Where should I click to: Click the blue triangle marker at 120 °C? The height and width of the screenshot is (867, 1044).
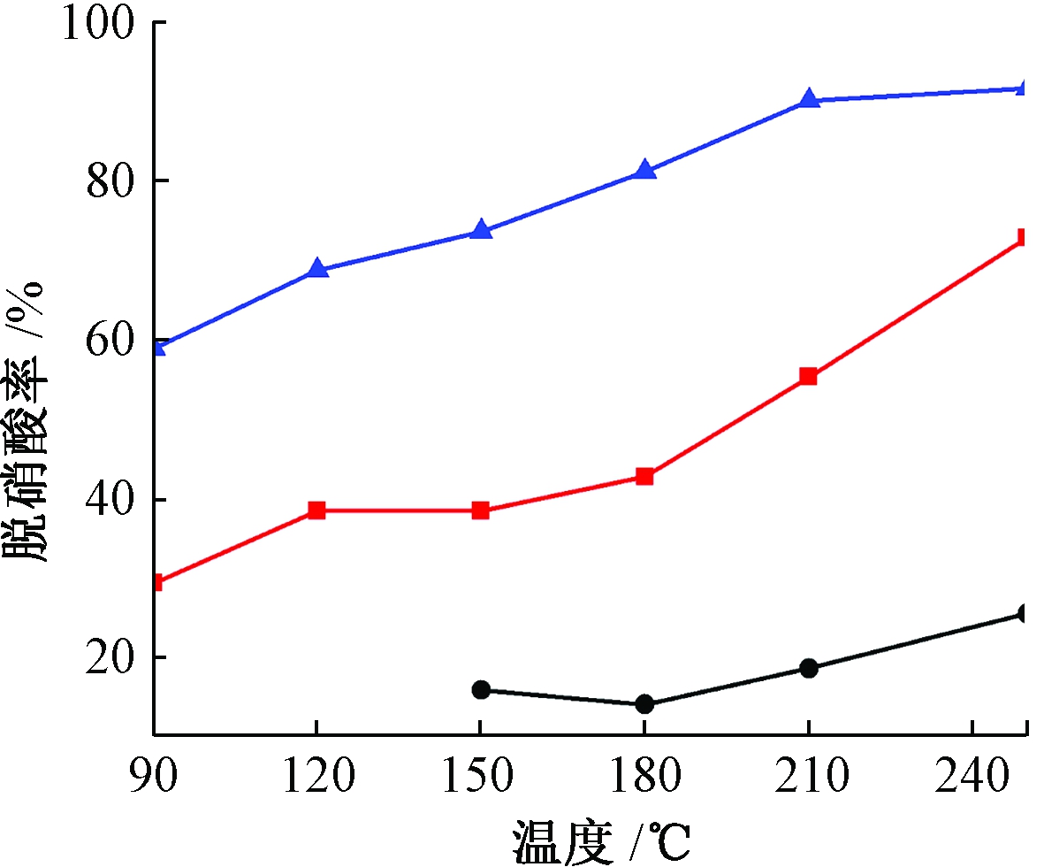[317, 269]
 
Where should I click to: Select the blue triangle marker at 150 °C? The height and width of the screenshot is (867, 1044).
[481, 230]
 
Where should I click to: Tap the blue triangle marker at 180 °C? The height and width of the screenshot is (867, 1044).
[644, 170]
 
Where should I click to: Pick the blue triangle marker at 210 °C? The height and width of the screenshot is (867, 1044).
[808, 99]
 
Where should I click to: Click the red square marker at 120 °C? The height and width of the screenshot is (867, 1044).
[317, 510]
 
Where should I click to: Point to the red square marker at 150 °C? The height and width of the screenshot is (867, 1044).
[481, 510]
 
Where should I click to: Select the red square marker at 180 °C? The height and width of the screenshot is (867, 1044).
[644, 477]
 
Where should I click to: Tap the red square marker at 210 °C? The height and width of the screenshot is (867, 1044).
[808, 377]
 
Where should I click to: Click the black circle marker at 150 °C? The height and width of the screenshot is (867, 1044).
[481, 690]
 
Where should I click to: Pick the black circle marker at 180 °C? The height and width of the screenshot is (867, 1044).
[644, 704]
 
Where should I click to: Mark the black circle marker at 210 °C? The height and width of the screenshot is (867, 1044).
[808, 668]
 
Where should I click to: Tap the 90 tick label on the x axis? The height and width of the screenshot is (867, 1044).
[154, 777]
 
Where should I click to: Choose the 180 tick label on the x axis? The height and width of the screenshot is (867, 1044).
[644, 777]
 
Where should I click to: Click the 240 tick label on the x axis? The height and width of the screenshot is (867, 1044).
[972, 777]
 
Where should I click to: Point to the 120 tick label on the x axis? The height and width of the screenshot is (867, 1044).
[317, 777]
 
